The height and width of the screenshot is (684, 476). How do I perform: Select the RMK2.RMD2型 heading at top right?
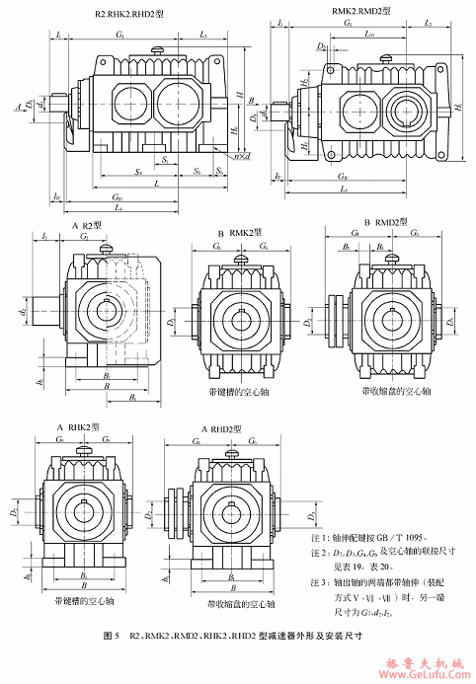point(361,11)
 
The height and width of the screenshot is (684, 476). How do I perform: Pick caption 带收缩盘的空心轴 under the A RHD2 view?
point(234,601)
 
